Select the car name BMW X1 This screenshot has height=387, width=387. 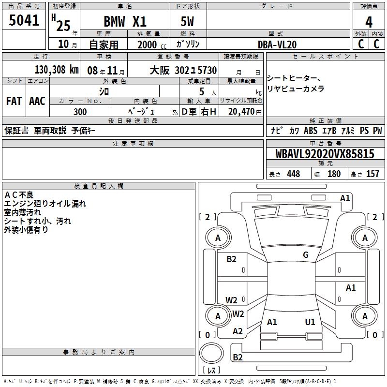click(125, 21)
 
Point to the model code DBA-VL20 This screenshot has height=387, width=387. click(277, 45)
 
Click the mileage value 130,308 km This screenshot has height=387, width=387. click(56, 70)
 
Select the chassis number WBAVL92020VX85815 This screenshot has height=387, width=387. click(325, 154)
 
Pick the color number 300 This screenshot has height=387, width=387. click(80, 112)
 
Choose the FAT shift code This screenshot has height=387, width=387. click(14, 101)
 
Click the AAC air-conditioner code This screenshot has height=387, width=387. click(37, 101)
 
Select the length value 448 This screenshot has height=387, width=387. click(293, 174)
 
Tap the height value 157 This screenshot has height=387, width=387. click(372, 174)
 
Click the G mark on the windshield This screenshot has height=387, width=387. click(306, 255)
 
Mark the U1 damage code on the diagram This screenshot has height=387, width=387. click(310, 322)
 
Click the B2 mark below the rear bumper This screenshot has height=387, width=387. click(238, 357)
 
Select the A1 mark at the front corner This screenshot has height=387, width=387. click(345, 198)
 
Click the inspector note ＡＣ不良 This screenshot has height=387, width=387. click(19, 195)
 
